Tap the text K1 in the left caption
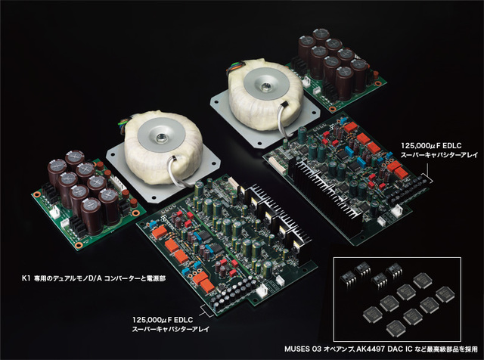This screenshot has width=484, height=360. pos(25,278)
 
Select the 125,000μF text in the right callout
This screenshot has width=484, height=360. pos(421,146)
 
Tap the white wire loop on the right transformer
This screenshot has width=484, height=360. pos(282,119)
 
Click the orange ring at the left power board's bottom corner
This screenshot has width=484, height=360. pos(79,246)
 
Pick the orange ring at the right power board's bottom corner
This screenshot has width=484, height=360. pos(332,109)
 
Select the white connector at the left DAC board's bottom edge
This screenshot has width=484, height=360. pos(263,290)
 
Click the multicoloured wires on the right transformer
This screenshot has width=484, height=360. pos(234,70)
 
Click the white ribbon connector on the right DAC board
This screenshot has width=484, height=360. pos(273,162)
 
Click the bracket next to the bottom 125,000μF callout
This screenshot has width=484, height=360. pos(206,311)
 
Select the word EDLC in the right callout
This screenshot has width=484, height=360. pos(453,146)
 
